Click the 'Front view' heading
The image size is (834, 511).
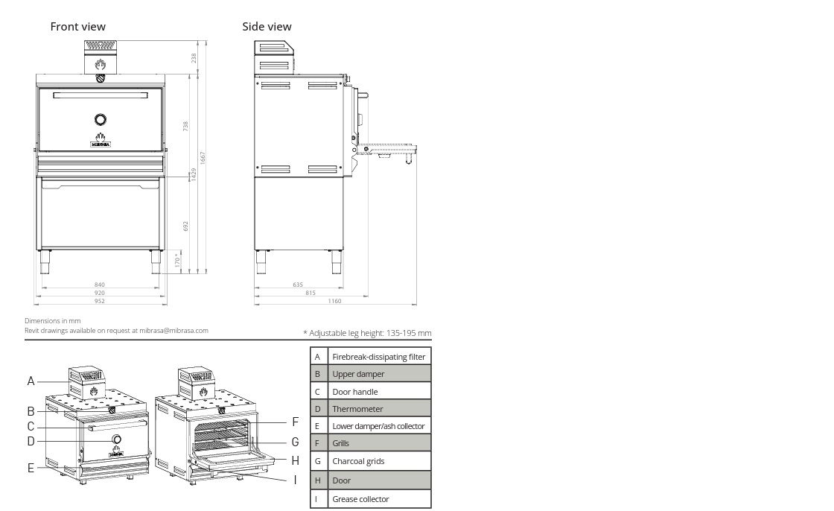click(77, 27)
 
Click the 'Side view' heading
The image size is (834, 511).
click(267, 27)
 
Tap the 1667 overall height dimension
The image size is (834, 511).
click(202, 158)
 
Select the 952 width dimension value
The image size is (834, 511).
click(100, 301)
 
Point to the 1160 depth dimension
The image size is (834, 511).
click(334, 301)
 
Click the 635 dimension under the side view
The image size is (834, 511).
click(298, 285)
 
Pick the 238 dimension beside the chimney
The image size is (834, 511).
click(194, 57)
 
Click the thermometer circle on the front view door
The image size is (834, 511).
click(101, 119)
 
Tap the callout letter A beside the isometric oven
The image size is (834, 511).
click(31, 381)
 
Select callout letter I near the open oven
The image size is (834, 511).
click(295, 480)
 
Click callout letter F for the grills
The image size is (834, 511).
click(295, 422)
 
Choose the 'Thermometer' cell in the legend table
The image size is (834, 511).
click(379, 409)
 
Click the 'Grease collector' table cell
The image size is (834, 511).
click(379, 499)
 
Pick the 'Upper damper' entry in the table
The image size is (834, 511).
click(379, 374)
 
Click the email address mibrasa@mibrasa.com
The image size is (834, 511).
click(174, 331)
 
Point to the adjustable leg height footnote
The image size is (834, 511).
click(367, 333)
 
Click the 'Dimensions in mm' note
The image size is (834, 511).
click(53, 321)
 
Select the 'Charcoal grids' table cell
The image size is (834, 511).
click(379, 461)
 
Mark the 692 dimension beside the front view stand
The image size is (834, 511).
click(185, 226)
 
